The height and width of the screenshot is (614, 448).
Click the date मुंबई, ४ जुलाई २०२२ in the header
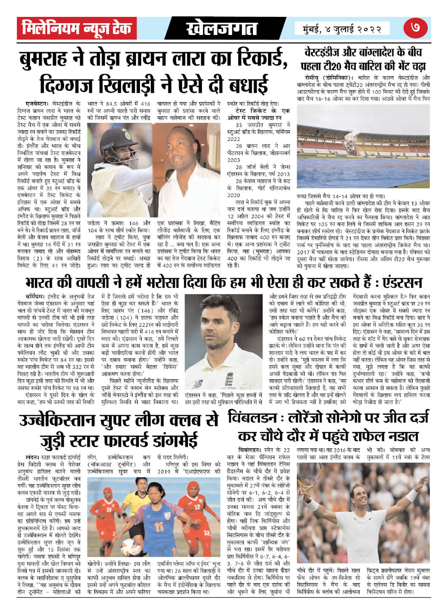point(342,29)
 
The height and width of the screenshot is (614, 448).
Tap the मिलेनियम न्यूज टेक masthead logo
point(78,28)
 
